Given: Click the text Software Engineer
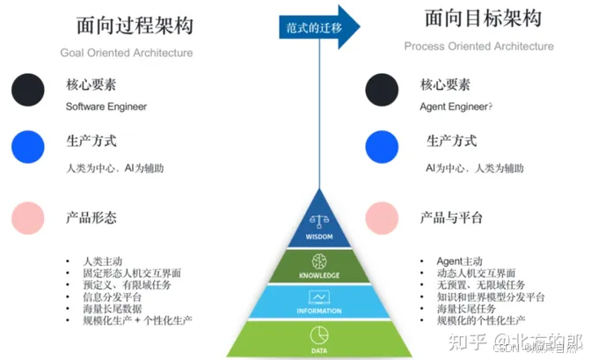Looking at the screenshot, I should [106, 107].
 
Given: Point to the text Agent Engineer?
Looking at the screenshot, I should [456, 107].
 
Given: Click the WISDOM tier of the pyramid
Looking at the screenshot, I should [318, 227].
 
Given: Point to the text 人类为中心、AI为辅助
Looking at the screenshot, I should [115, 167].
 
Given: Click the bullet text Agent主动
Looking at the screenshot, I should [459, 261].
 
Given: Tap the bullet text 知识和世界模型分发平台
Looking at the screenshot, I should [491, 298].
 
